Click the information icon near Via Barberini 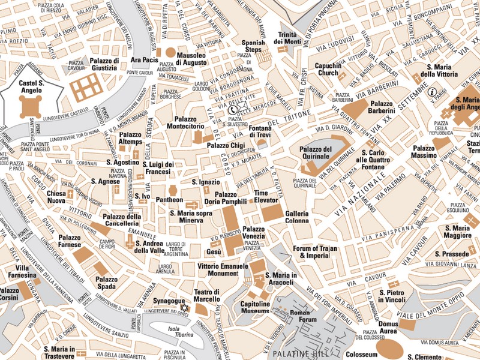pyautogui.click(x=432, y=92)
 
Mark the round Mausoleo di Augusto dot pyautogui.click(x=170, y=53)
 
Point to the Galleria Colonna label pyautogui.click(x=297, y=217)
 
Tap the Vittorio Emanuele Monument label pyautogui.click(x=223, y=269)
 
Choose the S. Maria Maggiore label pyautogui.click(x=458, y=232)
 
